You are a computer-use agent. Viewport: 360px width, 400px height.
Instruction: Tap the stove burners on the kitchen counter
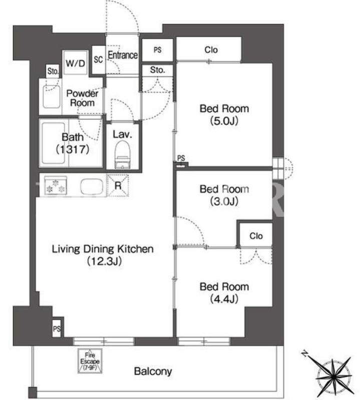coord(56,186)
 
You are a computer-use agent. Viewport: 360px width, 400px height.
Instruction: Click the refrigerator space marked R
coord(118,185)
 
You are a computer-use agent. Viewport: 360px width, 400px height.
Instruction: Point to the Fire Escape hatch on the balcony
coord(90,361)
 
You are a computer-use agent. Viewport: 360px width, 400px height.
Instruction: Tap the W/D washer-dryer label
coord(75,63)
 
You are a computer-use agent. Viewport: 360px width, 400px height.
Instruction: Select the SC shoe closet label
coord(98,60)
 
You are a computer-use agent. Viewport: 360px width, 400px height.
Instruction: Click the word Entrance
coord(123,55)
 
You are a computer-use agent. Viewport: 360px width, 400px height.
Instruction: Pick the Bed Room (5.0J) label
coord(224,115)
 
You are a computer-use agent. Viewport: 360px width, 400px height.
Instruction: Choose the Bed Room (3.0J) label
coord(224,195)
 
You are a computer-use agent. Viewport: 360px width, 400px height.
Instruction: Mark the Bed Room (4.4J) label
coord(224,292)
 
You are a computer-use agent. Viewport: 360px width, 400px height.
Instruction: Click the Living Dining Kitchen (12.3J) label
coord(103,255)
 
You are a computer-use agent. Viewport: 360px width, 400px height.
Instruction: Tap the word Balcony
coord(153,371)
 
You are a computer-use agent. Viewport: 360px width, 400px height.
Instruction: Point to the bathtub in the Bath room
coord(54,143)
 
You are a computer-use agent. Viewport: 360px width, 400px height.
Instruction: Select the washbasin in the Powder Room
coord(52,97)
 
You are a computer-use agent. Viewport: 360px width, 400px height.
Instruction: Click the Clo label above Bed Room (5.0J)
coord(211,50)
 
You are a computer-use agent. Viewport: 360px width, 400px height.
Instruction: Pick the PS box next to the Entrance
coord(157,50)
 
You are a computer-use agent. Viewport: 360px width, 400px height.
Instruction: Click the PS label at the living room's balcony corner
coord(57,329)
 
